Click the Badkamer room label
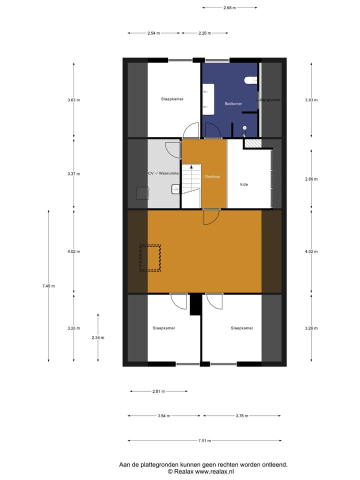233,103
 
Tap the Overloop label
212,176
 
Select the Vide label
243,184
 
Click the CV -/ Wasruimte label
163,173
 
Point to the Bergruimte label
270,100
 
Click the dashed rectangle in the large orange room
150,258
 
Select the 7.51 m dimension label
203,440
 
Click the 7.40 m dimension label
48,286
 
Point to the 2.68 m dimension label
229,7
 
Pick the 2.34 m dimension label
98,338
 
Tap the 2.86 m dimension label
311,179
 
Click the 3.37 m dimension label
74,174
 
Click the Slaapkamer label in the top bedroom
172,99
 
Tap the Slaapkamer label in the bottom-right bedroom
241,328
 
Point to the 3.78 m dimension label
242,415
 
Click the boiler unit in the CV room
142,192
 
